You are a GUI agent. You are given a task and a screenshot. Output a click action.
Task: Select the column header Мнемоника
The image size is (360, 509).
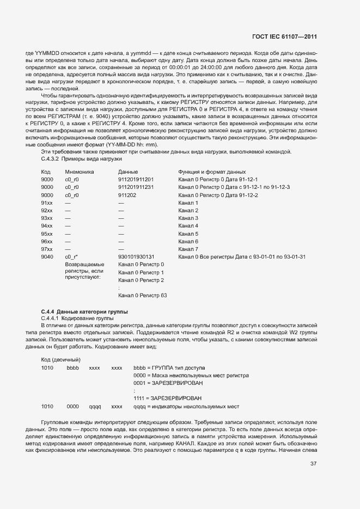pyautogui.click(x=80, y=171)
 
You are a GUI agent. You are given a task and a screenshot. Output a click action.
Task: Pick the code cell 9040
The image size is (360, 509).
pyautogui.click(x=47, y=256)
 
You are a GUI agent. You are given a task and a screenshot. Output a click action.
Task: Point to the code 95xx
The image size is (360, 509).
pyautogui.click(x=47, y=234)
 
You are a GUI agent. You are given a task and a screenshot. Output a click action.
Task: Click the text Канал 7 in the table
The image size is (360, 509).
pyautogui.click(x=188, y=249)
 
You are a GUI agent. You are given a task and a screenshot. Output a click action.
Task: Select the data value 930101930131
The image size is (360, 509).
pyautogui.click(x=136, y=256)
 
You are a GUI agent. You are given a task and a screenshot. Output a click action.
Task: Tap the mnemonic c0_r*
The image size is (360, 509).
pyautogui.click(x=72, y=256)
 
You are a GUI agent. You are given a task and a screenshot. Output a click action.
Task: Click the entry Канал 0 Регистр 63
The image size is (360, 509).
pyautogui.click(x=142, y=296)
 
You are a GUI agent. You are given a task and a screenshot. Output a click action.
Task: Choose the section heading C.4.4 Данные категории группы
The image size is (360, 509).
pyautogui.click(x=84, y=311)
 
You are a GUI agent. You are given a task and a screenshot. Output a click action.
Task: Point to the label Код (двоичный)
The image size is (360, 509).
pyautogui.click(x=61, y=360)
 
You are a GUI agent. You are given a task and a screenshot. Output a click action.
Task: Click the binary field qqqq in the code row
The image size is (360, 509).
pyautogui.click(x=95, y=407)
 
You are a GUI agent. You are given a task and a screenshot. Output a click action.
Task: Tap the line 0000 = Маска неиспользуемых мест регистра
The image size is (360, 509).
pyautogui.click(x=191, y=376)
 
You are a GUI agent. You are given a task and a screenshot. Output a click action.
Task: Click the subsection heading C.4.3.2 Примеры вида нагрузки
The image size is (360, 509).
pyautogui.click(x=81, y=158)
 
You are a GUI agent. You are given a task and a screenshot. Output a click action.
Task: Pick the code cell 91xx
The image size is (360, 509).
pyautogui.click(x=47, y=203)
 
